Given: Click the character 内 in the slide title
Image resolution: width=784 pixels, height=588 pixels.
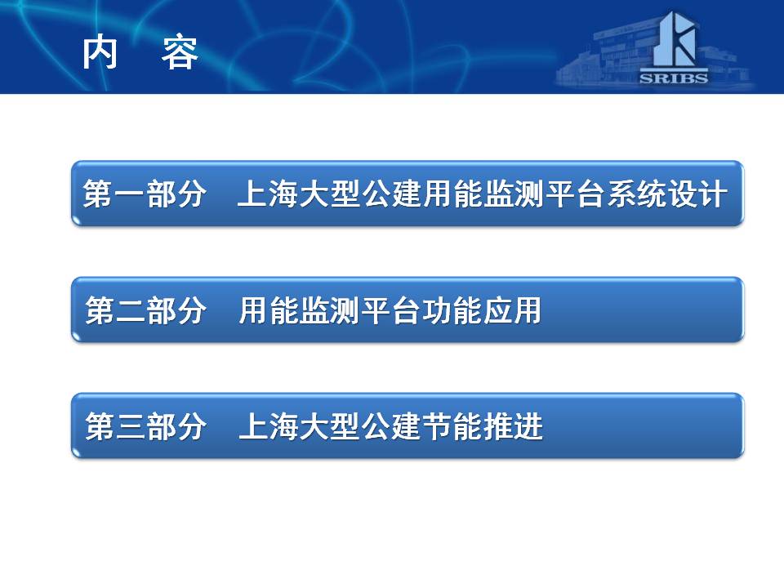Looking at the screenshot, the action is [x=100, y=52].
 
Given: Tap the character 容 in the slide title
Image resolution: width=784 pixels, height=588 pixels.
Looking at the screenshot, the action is [x=180, y=52].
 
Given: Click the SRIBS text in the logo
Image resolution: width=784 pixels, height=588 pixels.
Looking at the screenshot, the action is [x=674, y=78].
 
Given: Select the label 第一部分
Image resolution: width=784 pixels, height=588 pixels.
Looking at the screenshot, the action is [x=145, y=194].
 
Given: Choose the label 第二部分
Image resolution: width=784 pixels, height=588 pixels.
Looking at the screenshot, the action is [x=145, y=310].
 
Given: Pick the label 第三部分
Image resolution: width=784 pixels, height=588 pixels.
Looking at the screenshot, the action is [x=145, y=426].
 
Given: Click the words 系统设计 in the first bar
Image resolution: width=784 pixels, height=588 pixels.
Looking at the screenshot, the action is [x=667, y=194].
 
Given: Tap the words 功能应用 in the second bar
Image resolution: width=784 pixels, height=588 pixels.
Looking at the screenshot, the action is [x=482, y=310].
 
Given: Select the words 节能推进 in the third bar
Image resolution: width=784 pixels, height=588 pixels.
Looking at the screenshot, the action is [x=483, y=426].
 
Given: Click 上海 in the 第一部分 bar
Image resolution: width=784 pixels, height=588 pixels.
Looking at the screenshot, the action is [x=268, y=194].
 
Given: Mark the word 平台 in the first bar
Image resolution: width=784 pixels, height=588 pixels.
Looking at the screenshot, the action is [x=576, y=194].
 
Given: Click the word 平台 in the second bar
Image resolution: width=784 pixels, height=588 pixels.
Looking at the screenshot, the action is [x=391, y=310].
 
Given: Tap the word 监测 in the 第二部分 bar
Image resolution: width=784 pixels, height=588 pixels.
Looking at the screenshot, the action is [x=330, y=310].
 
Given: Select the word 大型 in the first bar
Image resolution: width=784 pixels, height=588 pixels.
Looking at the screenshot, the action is [x=329, y=194].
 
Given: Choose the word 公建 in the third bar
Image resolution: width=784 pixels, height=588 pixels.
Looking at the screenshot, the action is [x=392, y=426].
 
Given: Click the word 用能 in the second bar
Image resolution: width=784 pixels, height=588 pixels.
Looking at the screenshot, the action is [x=269, y=310].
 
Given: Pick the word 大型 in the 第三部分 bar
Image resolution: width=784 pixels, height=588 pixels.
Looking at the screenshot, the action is [x=331, y=426].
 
